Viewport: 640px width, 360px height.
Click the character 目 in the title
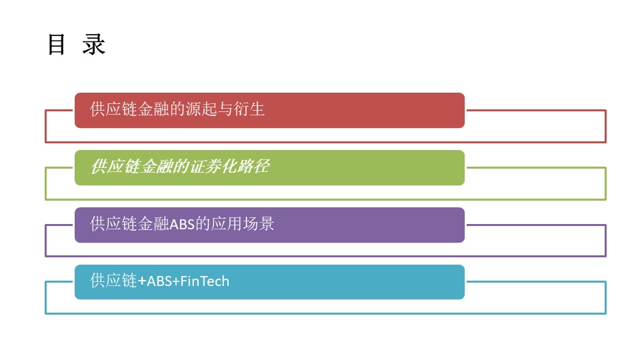[56, 44]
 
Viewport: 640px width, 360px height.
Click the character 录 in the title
[94, 44]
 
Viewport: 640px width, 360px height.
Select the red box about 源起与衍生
[269, 110]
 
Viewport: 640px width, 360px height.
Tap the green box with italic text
[269, 168]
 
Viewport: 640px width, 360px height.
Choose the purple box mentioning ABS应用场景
[269, 225]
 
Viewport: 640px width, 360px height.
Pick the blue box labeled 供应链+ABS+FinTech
[269, 282]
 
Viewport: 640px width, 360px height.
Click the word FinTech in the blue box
[205, 281]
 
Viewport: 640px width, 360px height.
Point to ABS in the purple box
[182, 225]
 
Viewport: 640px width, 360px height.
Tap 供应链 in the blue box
[113, 281]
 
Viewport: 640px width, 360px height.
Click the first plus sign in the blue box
[142, 281]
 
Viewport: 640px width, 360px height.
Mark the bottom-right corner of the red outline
[606, 142]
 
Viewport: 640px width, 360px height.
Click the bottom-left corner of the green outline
[46, 199]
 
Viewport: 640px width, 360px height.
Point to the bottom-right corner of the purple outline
[606, 256]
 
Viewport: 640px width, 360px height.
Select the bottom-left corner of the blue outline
[46, 313]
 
